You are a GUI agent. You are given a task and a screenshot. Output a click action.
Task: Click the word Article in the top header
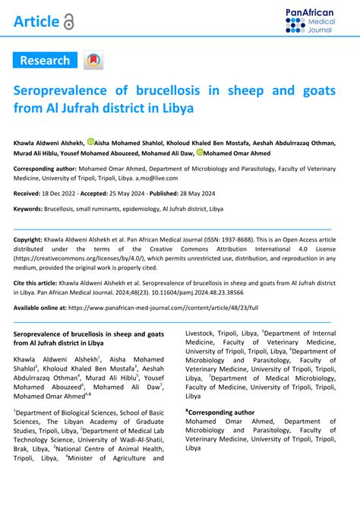click(36, 22)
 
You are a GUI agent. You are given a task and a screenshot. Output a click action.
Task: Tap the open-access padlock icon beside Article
click(69, 23)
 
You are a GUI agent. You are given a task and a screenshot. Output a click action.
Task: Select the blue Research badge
click(45, 61)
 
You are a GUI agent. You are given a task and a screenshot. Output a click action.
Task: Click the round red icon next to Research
click(93, 61)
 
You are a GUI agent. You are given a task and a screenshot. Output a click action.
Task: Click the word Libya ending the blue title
click(178, 108)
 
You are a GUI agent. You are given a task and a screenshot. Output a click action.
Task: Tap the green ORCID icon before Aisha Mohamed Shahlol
click(91, 141)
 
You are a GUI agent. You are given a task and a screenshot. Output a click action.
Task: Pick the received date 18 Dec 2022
click(68, 194)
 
